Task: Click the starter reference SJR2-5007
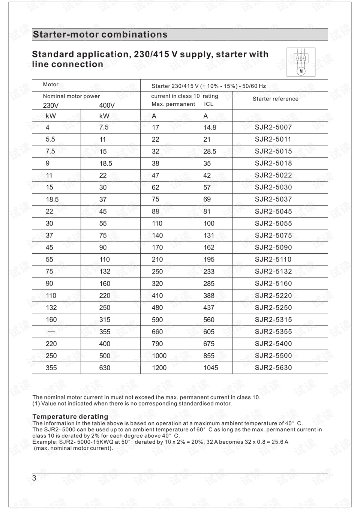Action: click(x=273, y=127)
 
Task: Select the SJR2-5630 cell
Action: click(x=273, y=368)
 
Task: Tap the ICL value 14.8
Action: click(x=210, y=128)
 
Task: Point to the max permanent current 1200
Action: click(x=159, y=368)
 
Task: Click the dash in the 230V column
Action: click(x=51, y=332)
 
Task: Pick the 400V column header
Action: click(x=107, y=105)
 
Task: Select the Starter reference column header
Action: click(x=275, y=99)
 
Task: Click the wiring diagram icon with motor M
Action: click(x=301, y=62)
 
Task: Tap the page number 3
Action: click(x=34, y=478)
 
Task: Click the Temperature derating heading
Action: click(x=70, y=416)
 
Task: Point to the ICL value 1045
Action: click(x=210, y=368)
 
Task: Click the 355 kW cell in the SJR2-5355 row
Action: click(x=105, y=332)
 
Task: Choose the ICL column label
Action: click(x=208, y=104)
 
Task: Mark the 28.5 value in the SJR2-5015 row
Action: click(x=210, y=152)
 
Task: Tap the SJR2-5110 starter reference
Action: click(x=273, y=260)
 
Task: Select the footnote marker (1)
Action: click(x=36, y=404)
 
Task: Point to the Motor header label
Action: click(x=51, y=85)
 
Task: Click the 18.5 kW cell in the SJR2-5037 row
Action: click(x=52, y=200)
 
